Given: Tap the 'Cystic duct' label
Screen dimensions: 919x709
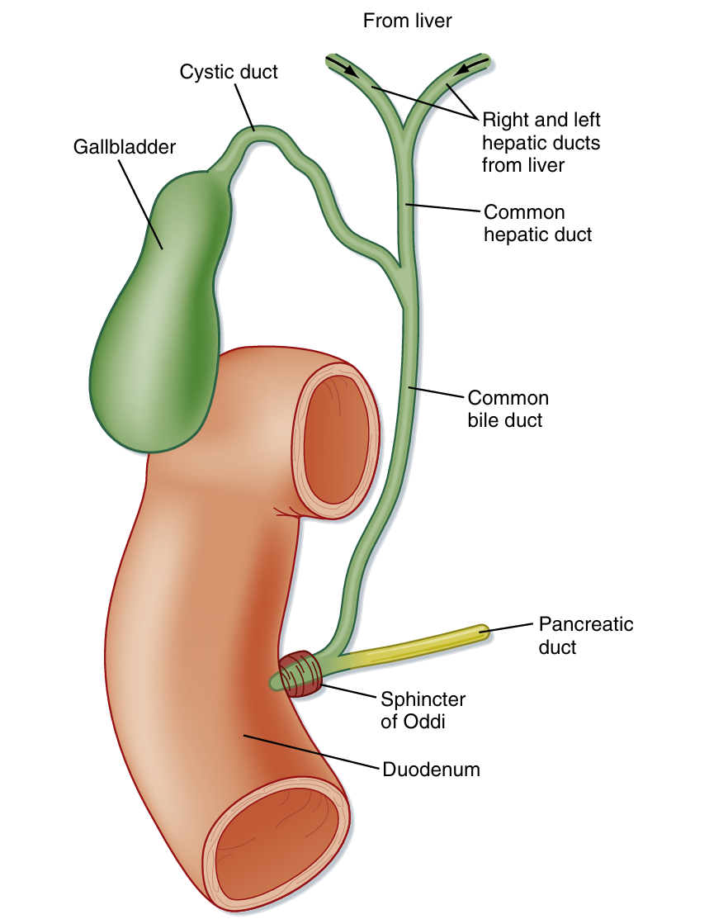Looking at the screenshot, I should (x=229, y=72).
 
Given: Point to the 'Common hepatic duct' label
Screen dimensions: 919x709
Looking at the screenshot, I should (x=537, y=223).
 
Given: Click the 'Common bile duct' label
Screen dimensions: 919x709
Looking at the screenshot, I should (x=508, y=409).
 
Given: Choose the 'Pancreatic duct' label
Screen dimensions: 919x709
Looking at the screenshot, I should (x=585, y=634).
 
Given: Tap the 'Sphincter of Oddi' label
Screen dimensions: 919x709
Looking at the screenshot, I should (x=423, y=709).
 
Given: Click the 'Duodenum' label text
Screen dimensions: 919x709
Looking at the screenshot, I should (x=431, y=770).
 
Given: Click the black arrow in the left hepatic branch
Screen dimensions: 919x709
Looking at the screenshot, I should (x=343, y=67).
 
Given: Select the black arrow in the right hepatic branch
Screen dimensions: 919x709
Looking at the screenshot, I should (x=469, y=66).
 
